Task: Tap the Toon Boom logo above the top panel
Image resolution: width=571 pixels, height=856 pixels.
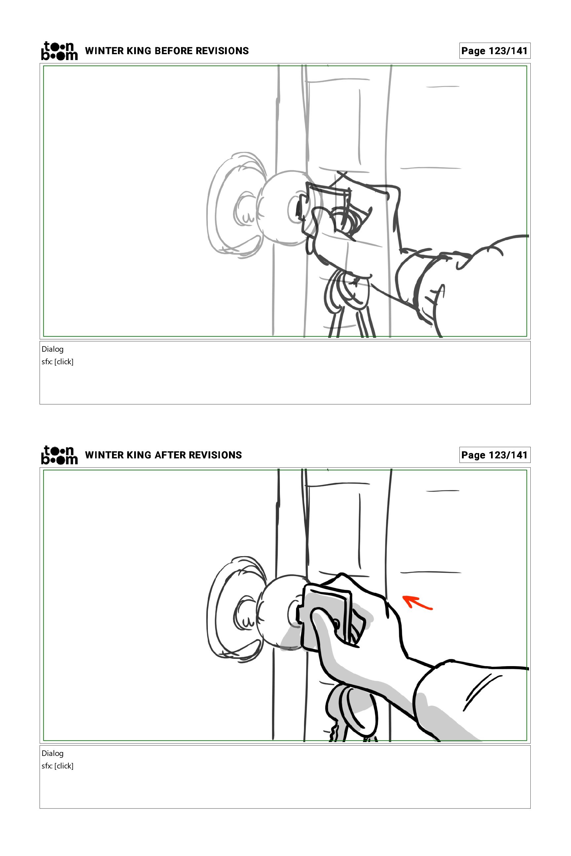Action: click(59, 51)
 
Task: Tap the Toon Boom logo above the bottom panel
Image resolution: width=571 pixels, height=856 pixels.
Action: click(59, 455)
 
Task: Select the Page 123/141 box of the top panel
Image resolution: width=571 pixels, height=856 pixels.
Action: click(495, 51)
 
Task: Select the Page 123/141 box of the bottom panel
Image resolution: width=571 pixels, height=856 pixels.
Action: click(495, 455)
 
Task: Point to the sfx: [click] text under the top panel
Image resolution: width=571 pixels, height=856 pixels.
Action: click(57, 362)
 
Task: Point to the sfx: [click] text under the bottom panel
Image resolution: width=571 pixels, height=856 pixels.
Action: click(57, 766)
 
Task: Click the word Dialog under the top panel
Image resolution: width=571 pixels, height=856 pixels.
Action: click(53, 349)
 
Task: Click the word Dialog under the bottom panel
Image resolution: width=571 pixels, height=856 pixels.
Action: click(53, 753)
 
